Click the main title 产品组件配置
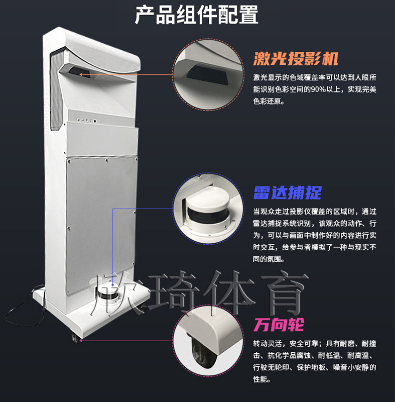(x=197, y=15)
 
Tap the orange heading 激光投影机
(x=296, y=59)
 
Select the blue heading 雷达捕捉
(x=287, y=193)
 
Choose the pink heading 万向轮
(x=279, y=325)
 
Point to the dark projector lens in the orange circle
(x=208, y=74)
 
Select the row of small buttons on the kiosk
(x=87, y=120)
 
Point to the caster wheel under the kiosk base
(x=75, y=338)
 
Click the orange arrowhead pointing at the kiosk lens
(x=81, y=74)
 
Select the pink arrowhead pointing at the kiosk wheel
(x=81, y=341)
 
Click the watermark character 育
(x=285, y=293)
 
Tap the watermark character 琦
(x=174, y=293)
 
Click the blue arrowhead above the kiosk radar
(x=112, y=284)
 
